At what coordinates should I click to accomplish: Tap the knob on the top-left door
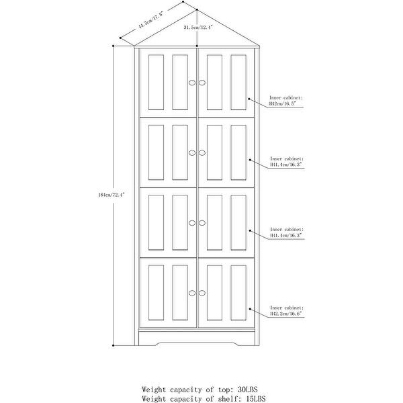pyautogui.click(x=191, y=82)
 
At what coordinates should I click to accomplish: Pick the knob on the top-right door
pyautogui.click(x=201, y=82)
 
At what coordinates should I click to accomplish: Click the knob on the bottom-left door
pyautogui.click(x=191, y=292)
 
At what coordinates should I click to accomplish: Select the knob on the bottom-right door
pyautogui.click(x=201, y=292)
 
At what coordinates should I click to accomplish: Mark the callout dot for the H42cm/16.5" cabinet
pyautogui.click(x=249, y=101)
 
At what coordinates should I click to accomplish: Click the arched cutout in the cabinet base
pyautogui.click(x=197, y=345)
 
